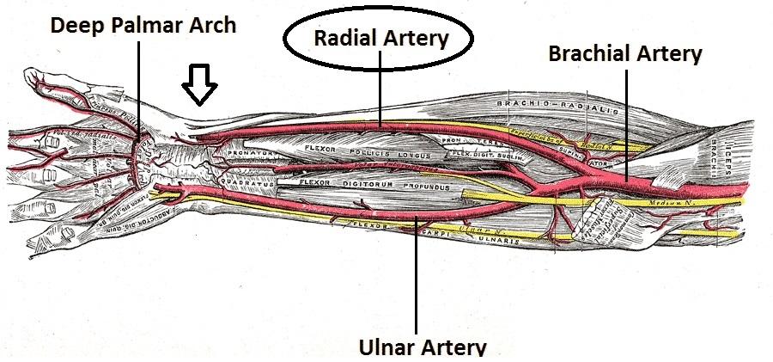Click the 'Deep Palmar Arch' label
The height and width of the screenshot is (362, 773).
[142, 25]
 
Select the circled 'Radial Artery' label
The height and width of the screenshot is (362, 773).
[380, 38]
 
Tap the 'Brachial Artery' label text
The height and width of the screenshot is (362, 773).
[625, 54]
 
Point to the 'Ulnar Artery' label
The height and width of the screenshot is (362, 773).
[422, 347]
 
